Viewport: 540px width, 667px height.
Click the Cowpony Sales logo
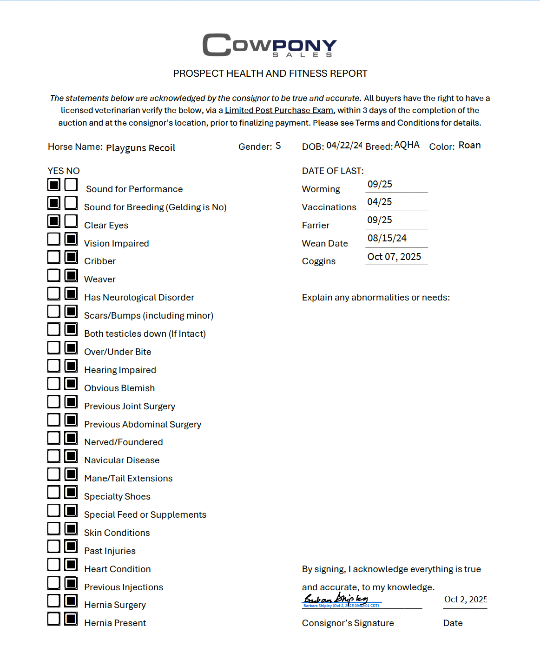270,45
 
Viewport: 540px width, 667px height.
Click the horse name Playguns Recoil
140,148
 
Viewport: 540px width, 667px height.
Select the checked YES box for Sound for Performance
54,185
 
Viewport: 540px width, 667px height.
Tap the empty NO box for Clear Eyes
71,221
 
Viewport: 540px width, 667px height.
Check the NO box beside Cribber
71,257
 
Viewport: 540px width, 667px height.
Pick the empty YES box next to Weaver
54,275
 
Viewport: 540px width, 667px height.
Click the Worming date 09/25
380,184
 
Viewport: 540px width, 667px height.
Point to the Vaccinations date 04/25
380,202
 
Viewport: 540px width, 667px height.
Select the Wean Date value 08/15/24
387,238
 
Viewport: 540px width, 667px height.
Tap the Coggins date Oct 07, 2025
394,257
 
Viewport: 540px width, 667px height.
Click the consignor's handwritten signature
336,599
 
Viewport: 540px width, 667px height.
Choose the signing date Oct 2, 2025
465,599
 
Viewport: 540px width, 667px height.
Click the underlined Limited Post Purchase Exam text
279,110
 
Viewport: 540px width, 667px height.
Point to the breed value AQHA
407,145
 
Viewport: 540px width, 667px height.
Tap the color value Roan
469,145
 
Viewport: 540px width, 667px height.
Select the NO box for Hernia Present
71,619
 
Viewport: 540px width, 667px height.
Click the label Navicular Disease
122,460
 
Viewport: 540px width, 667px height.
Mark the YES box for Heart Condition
54,565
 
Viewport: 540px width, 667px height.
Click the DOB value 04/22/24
344,145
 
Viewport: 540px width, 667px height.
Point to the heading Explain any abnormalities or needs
375,297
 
